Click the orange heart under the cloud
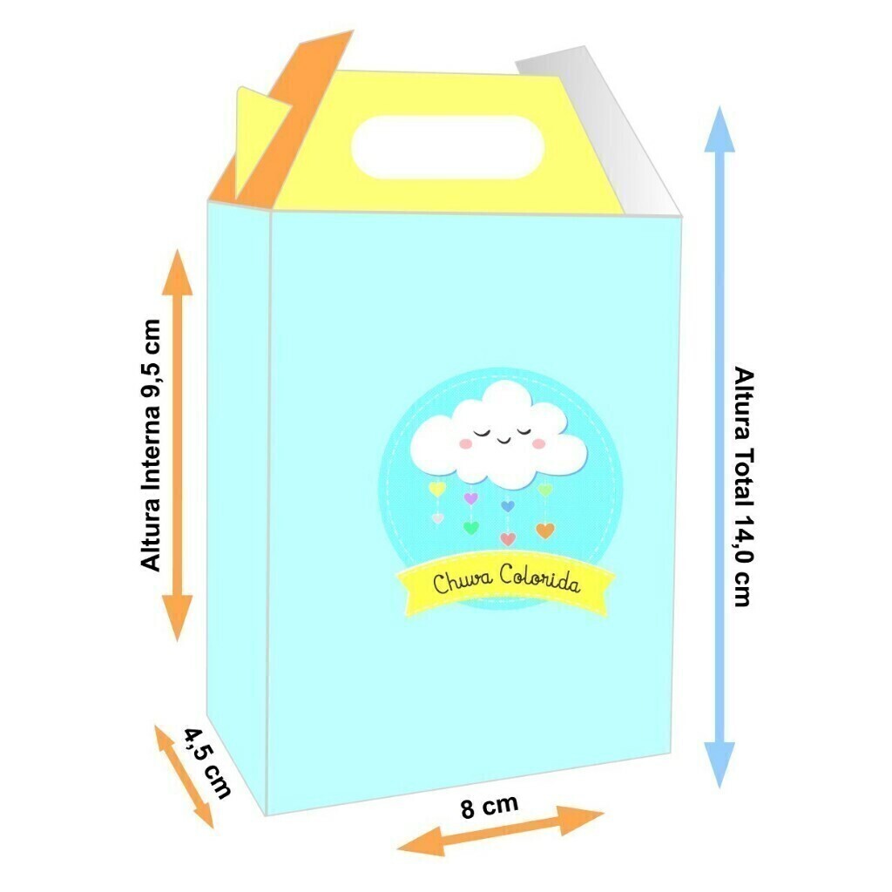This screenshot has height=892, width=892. [x=545, y=530]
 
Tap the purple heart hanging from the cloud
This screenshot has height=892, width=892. [x=470, y=498]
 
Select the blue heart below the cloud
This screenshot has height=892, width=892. [x=508, y=505]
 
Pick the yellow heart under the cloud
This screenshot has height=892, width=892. [x=437, y=488]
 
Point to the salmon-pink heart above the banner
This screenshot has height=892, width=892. [x=508, y=538]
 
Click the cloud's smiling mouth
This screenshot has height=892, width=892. [x=503, y=439]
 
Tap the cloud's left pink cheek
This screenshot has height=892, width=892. [x=465, y=443]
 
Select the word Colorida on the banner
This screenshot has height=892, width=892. [x=540, y=578]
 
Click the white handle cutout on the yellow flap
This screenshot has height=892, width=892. [x=447, y=147]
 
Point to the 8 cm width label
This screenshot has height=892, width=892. [x=490, y=806]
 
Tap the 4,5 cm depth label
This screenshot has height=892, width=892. [x=207, y=763]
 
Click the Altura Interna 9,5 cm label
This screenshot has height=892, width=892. [x=152, y=445]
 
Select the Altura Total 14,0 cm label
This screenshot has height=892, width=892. [x=744, y=486]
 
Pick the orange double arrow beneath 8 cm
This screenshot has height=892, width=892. [x=500, y=831]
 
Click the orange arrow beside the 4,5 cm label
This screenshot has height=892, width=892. [x=184, y=776]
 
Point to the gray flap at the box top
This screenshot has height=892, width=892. [x=598, y=131]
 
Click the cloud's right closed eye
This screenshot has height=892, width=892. [x=524, y=430]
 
